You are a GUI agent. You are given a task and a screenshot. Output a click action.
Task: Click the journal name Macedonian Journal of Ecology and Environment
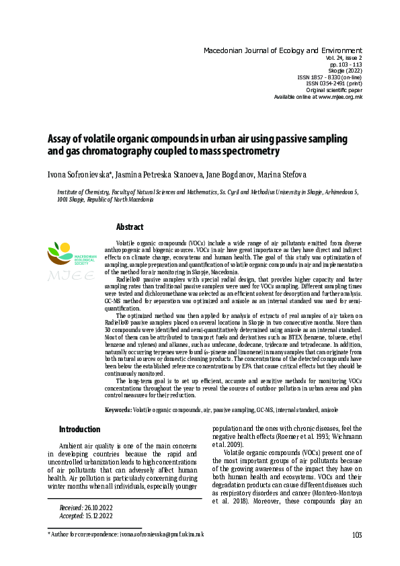282,50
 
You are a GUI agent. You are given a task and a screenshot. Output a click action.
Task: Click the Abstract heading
130,227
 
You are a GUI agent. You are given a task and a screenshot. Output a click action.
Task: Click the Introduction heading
80,429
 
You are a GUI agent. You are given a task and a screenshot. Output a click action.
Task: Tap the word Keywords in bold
118,409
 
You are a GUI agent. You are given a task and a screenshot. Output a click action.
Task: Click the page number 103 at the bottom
356,535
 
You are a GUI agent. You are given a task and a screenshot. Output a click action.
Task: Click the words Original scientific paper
334,90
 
